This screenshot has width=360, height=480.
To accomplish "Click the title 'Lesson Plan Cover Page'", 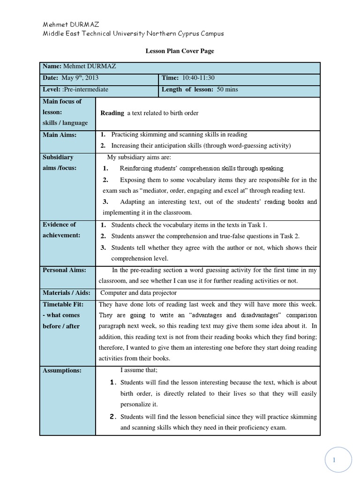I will point(180,51).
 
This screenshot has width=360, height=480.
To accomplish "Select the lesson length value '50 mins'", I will point(227,90).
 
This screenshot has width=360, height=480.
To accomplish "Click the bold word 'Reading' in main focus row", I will point(112,112).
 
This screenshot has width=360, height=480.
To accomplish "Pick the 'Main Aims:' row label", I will point(60,135).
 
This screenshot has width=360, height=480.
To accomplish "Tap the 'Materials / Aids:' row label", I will point(66,293).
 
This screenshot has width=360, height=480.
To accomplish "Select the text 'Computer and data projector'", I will point(139,293).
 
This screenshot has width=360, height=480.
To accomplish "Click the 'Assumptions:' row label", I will point(62,370).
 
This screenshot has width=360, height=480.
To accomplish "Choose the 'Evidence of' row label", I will point(59,225).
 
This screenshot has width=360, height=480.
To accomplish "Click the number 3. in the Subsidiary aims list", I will point(105,202).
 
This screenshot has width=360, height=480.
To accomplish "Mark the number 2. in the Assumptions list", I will point(112,417).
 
